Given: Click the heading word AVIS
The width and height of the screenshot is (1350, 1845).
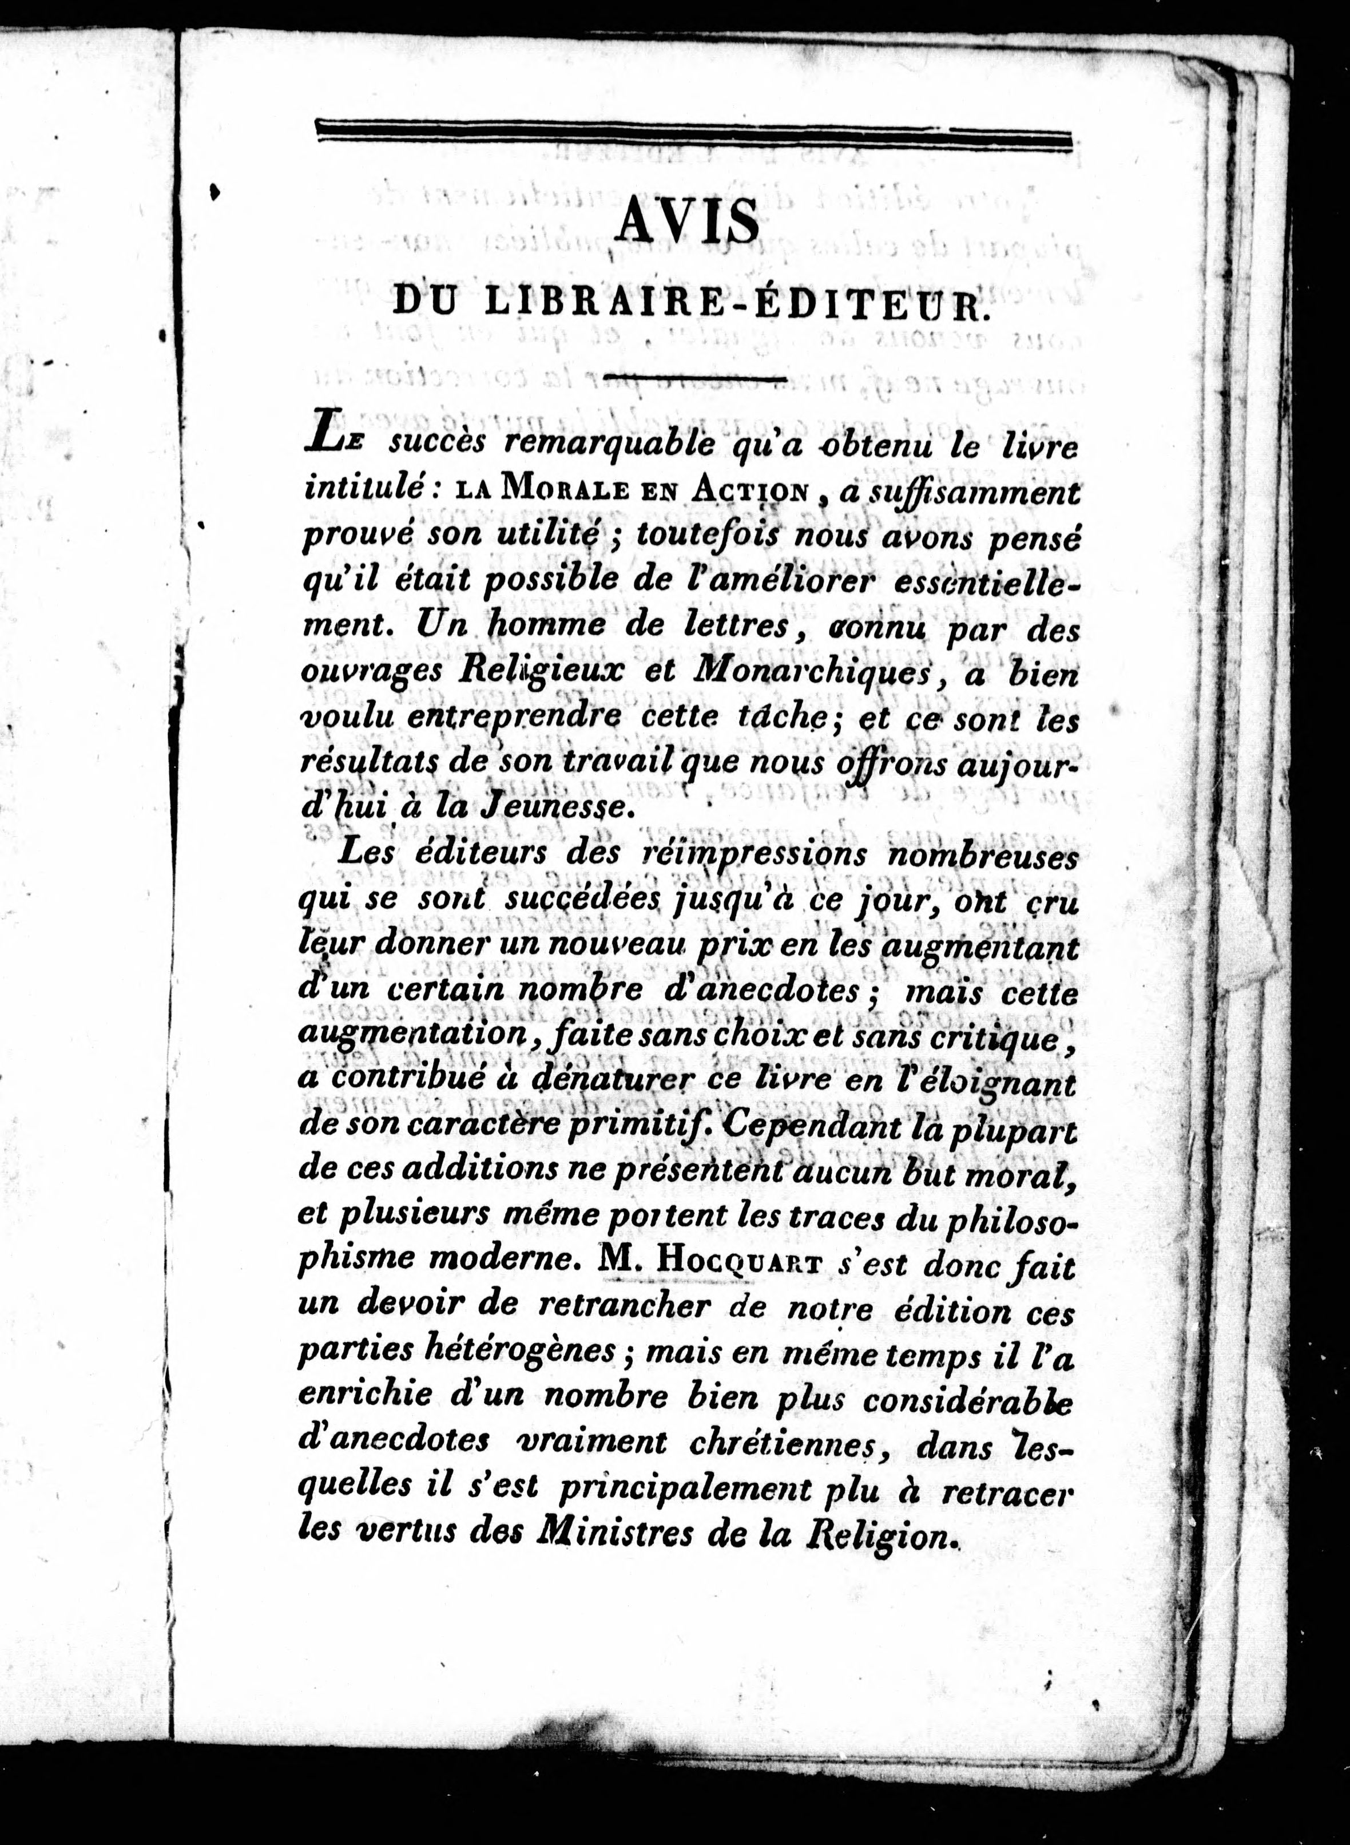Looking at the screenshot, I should pos(688,223).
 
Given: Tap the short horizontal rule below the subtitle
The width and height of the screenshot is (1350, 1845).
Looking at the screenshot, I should pos(692,378).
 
